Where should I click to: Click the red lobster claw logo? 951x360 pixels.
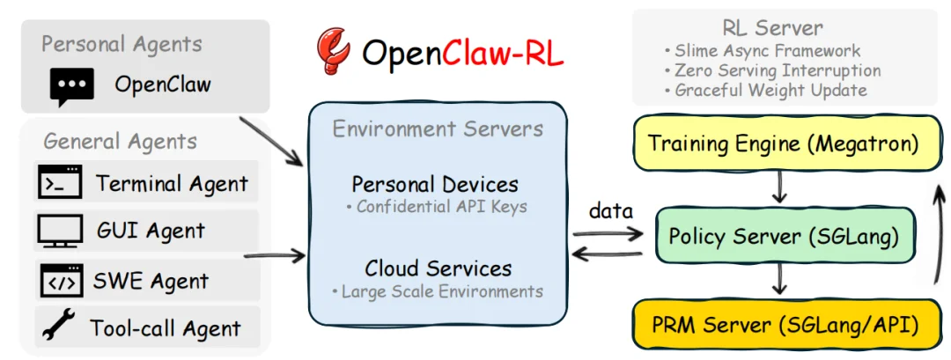(x=333, y=52)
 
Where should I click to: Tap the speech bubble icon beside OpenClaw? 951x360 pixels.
(x=71, y=86)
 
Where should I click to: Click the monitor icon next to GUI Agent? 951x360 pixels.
(x=60, y=231)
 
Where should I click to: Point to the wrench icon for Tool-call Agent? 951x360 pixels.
(x=58, y=327)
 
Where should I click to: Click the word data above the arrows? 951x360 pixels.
(x=611, y=211)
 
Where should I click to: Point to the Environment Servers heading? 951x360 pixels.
(x=438, y=129)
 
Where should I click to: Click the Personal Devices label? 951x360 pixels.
(x=435, y=185)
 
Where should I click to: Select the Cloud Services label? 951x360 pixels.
(x=438, y=268)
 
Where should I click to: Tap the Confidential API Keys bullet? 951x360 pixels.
(x=438, y=208)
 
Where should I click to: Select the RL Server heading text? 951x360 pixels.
(x=771, y=29)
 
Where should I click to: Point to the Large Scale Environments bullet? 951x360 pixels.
(x=438, y=290)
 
